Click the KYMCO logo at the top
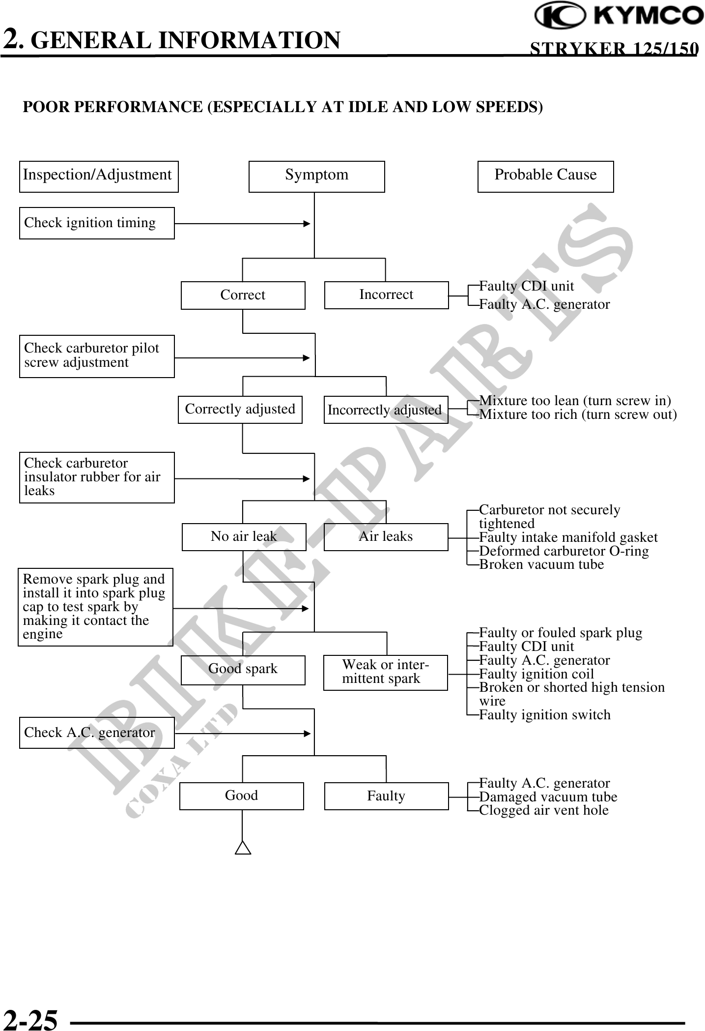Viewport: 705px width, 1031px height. [x=619, y=16]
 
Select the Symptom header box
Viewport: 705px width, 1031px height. [x=316, y=177]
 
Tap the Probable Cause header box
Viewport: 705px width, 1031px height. [x=545, y=177]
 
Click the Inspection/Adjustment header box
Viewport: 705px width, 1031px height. [x=98, y=177]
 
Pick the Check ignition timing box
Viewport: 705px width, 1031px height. [x=97, y=223]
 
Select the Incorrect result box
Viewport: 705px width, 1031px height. [x=386, y=295]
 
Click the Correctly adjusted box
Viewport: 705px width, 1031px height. [x=240, y=410]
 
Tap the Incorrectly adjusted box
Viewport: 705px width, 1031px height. [x=386, y=410]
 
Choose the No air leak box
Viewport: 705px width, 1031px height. [x=244, y=536]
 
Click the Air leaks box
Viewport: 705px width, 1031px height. [x=386, y=536]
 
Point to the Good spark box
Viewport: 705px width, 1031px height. [x=243, y=669]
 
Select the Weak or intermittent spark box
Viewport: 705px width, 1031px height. [x=385, y=672]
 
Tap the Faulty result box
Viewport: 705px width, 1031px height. [x=386, y=796]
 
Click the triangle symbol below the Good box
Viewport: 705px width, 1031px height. [x=243, y=848]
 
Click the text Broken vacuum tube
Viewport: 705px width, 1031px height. [x=541, y=564]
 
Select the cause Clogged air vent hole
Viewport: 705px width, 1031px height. [x=543, y=810]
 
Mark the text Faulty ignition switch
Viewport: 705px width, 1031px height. [x=544, y=715]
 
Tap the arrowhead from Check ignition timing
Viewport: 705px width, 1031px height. [x=307, y=224]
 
